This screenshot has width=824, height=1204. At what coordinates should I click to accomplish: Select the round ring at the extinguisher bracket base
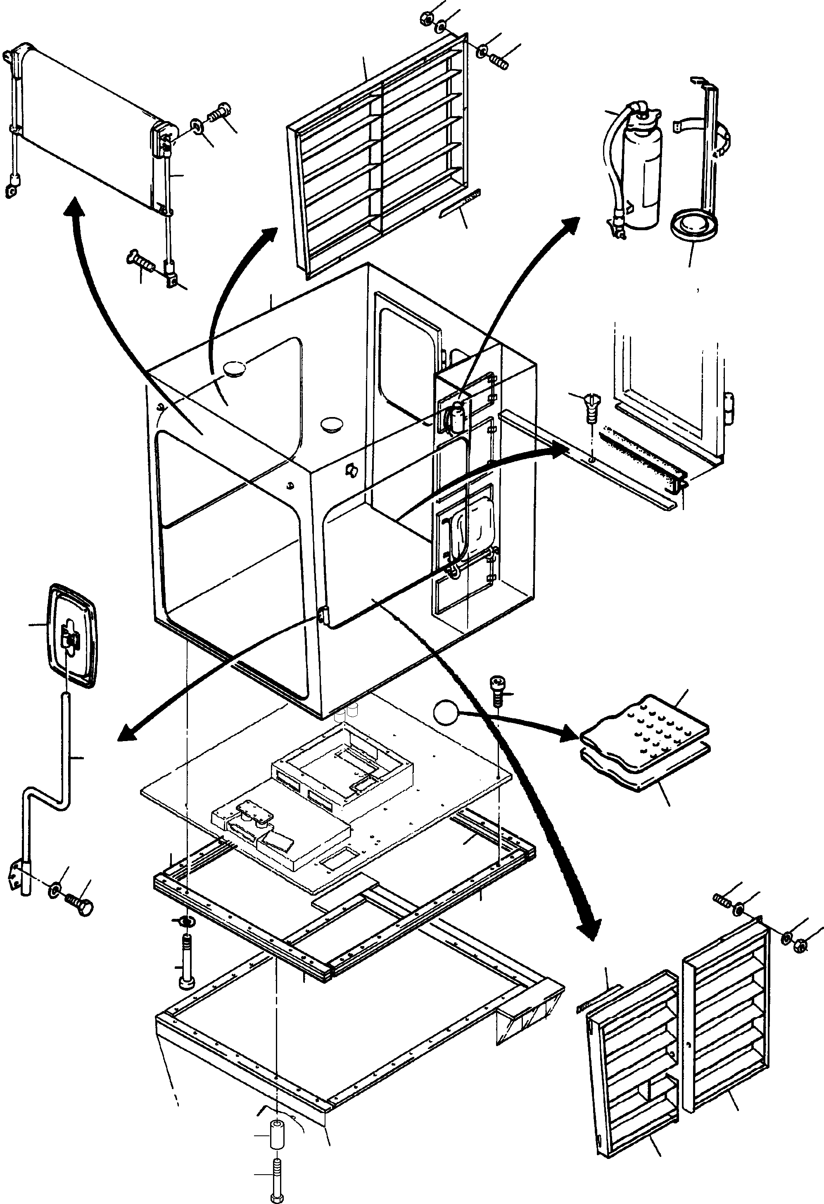693,225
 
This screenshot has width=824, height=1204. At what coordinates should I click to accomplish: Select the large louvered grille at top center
378,155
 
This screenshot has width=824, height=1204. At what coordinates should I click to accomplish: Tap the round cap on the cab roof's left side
235,368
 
